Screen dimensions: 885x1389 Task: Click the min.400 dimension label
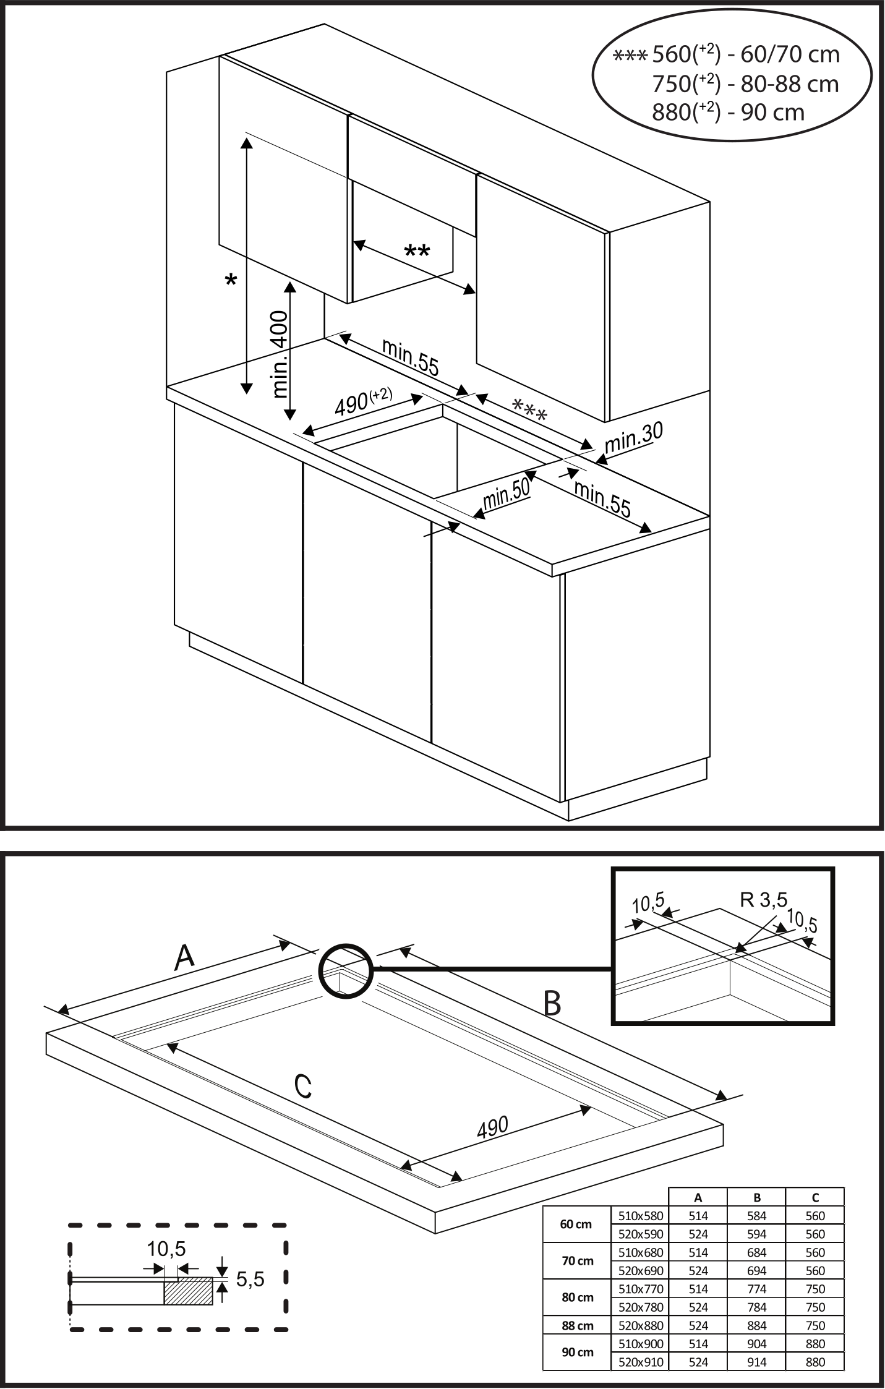pos(280,354)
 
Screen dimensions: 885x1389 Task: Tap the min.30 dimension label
pos(633,438)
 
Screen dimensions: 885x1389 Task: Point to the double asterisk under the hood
pos(417,252)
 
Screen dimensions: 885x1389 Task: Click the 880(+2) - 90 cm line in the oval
pos(729,112)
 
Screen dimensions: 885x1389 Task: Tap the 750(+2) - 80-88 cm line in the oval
pos(745,83)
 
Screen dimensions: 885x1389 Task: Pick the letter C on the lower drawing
pos(302,1087)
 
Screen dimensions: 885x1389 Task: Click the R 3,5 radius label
pos(764,900)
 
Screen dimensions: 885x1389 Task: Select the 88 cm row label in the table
pos(576,1325)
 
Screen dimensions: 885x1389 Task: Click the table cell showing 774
pos(756,1289)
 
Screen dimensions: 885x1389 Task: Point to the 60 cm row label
pos(576,1224)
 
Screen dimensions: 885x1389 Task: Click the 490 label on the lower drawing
pos(492,1127)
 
